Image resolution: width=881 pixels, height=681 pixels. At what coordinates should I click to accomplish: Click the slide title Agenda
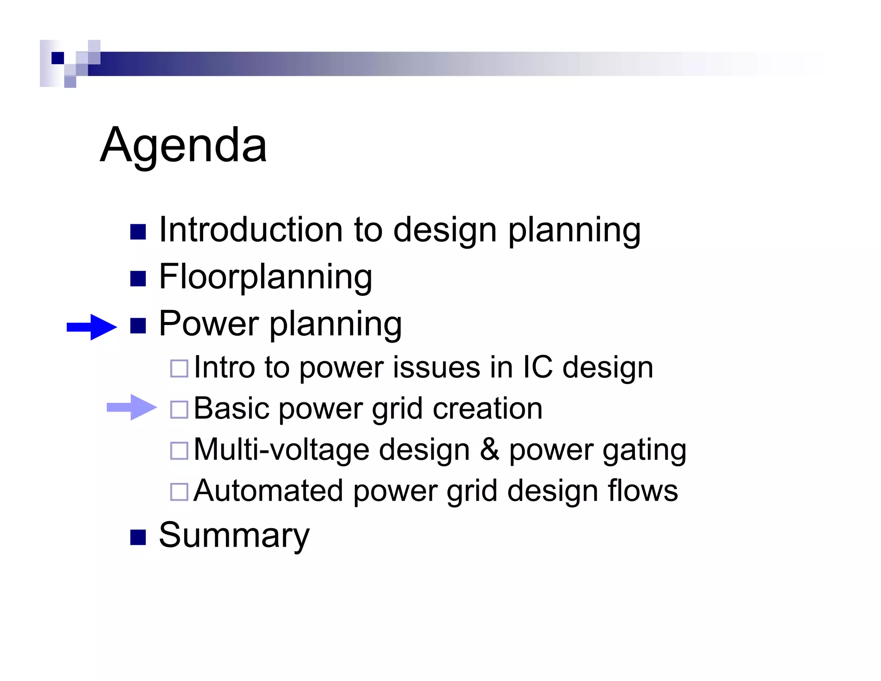(183, 145)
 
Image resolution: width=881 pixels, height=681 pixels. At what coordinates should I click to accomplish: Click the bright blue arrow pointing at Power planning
(92, 327)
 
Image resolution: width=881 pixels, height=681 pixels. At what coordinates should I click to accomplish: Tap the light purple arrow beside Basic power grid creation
(132, 407)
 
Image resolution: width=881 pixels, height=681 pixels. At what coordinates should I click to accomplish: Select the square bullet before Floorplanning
(138, 279)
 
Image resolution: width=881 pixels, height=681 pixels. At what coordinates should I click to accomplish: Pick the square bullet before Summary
(138, 537)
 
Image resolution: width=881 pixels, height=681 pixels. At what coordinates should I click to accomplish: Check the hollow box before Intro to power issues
(179, 368)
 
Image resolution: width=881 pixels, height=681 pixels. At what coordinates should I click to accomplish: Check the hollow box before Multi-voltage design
(179, 451)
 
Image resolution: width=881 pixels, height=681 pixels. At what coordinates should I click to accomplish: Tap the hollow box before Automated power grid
(179, 492)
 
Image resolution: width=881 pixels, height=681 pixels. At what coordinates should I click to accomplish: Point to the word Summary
(234, 535)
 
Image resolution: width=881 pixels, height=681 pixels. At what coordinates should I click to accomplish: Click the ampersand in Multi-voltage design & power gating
(490, 449)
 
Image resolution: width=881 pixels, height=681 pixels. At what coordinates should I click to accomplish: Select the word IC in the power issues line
(537, 367)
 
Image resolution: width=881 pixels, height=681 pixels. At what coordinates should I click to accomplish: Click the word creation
(487, 409)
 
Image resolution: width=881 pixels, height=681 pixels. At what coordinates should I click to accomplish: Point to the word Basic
(231, 408)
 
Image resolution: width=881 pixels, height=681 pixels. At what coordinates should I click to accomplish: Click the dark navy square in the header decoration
(58, 58)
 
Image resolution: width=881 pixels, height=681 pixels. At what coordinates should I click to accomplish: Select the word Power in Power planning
(209, 324)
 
